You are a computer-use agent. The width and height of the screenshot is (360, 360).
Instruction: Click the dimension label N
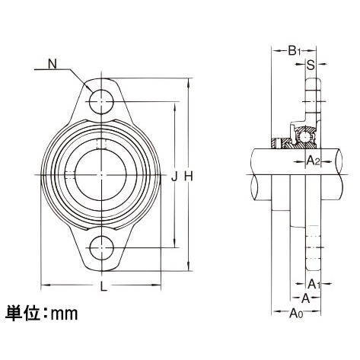(52, 65)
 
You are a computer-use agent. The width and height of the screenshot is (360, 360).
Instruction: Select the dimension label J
(174, 177)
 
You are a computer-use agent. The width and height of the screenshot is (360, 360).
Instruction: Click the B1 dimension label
(295, 51)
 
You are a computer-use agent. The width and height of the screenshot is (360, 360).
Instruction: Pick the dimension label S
(311, 65)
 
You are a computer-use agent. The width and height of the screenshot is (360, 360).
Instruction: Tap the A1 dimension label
(323, 283)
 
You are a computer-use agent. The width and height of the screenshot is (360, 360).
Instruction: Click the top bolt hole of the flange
(101, 99)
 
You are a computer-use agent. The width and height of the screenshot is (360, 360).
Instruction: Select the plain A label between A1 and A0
(306, 298)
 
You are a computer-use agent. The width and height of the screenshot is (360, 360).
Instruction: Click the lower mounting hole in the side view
(311, 251)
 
